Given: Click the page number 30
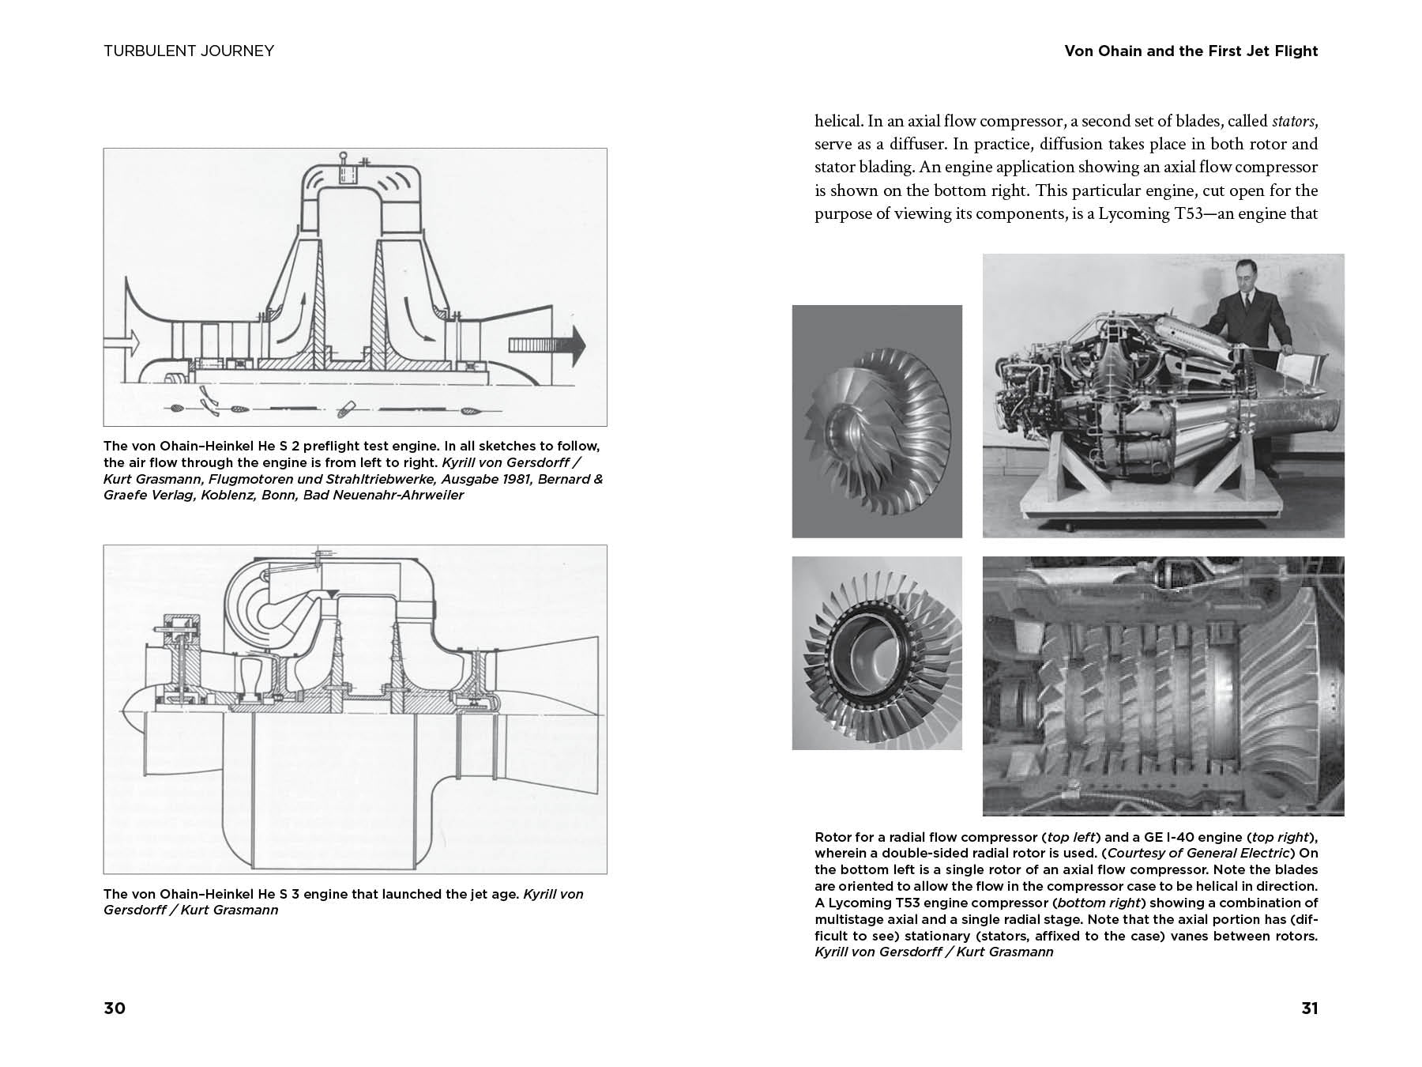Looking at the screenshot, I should [115, 1009].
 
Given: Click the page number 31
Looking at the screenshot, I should [1310, 1009].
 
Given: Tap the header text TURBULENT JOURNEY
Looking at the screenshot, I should [189, 51].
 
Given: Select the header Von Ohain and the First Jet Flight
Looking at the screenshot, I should [1191, 51].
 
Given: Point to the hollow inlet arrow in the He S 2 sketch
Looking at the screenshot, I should [122, 342].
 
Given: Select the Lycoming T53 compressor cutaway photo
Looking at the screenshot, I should [1163, 686].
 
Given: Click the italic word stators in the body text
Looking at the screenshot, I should [1294, 122].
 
